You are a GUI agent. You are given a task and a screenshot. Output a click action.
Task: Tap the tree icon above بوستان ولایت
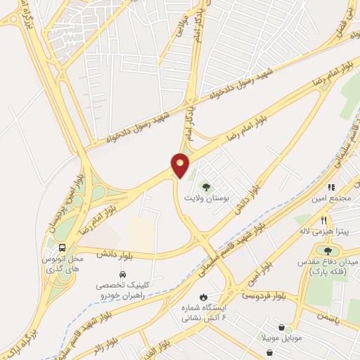point(206,187)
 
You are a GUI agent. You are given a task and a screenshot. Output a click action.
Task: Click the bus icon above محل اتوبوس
point(62,247)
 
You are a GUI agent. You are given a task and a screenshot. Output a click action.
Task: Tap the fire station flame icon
point(203,297)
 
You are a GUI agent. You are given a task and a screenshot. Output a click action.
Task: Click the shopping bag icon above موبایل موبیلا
point(281,328)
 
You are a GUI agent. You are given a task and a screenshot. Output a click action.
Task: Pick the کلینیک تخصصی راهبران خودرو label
point(122,290)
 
